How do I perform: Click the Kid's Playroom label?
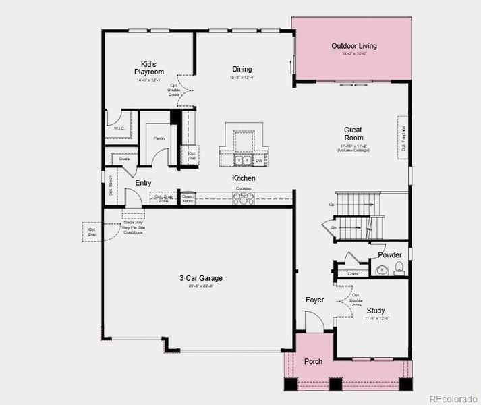149,67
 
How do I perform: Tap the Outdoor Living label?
354,46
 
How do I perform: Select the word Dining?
242,69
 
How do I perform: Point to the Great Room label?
353,134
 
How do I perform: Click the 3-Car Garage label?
200,278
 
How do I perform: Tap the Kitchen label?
244,178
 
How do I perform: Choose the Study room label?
376,310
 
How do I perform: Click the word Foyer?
314,300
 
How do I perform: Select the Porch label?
313,361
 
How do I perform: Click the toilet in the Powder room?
399,270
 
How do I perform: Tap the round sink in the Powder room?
383,271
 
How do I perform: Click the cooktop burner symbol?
243,198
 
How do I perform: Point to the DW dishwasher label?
260,161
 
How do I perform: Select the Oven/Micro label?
188,198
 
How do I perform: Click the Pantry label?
159,138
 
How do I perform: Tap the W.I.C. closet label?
118,128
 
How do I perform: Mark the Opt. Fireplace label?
403,138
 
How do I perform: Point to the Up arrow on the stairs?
331,204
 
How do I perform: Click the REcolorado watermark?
453,397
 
